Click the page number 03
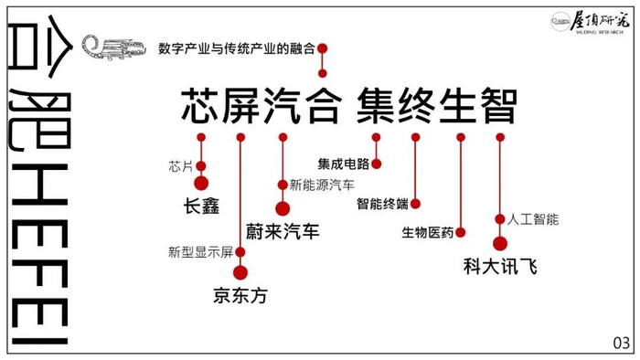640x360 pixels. click(621, 344)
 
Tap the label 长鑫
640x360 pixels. click(201, 206)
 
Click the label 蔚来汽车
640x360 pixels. click(283, 231)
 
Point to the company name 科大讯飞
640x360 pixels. click(499, 267)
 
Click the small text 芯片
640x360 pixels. click(181, 166)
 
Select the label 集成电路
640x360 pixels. click(344, 164)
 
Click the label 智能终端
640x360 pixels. click(382, 204)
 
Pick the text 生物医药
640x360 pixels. click(428, 233)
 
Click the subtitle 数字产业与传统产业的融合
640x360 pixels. click(236, 48)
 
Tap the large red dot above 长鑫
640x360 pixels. click(201, 183)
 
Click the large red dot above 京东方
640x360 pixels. click(240, 271)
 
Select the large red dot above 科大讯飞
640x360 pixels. click(500, 243)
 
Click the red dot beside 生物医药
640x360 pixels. click(461, 233)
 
